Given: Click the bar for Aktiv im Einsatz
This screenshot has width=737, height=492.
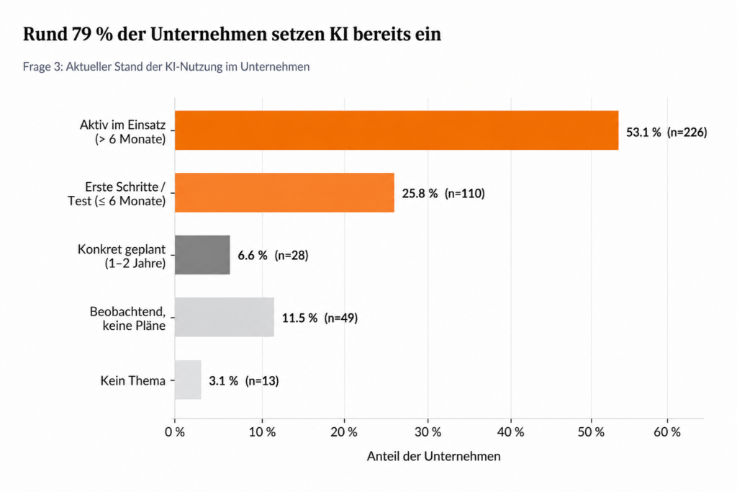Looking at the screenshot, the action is coord(397,130).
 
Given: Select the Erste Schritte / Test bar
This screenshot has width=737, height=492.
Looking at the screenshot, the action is coord(284,192).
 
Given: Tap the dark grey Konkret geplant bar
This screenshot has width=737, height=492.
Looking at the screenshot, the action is coord(202,255).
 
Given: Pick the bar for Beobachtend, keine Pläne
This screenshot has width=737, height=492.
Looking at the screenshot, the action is coord(225,317).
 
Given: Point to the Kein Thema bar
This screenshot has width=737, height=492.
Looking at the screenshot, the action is coord(188,380).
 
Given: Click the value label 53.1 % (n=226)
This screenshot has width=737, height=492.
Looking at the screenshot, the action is coord(666,132).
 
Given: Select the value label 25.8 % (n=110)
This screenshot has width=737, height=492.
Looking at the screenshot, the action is coord(443,193).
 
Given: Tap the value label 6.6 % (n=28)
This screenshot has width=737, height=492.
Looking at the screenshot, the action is coord(273,256).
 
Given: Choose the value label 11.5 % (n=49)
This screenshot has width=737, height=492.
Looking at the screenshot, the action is coord(320,318).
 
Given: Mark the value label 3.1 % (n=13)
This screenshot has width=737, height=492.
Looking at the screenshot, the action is coord(244,380).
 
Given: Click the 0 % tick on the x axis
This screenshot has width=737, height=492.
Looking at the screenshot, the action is coord(175,431).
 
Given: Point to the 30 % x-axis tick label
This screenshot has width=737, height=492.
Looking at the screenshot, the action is coord(428,431).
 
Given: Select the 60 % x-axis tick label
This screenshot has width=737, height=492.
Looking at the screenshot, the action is coord(667,431).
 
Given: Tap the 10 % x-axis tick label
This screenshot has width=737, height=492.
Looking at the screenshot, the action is coord(262,431).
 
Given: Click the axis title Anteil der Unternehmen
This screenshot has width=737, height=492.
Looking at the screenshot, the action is coord(433,456).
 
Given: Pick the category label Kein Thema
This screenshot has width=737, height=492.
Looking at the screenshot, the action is coord(133,380).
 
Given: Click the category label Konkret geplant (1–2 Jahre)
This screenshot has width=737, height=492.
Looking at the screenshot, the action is coord(122,256).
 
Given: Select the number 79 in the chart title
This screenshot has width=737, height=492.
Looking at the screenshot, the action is coord(81,35).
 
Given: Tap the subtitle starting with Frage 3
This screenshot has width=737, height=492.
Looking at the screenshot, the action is coord(166,67).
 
